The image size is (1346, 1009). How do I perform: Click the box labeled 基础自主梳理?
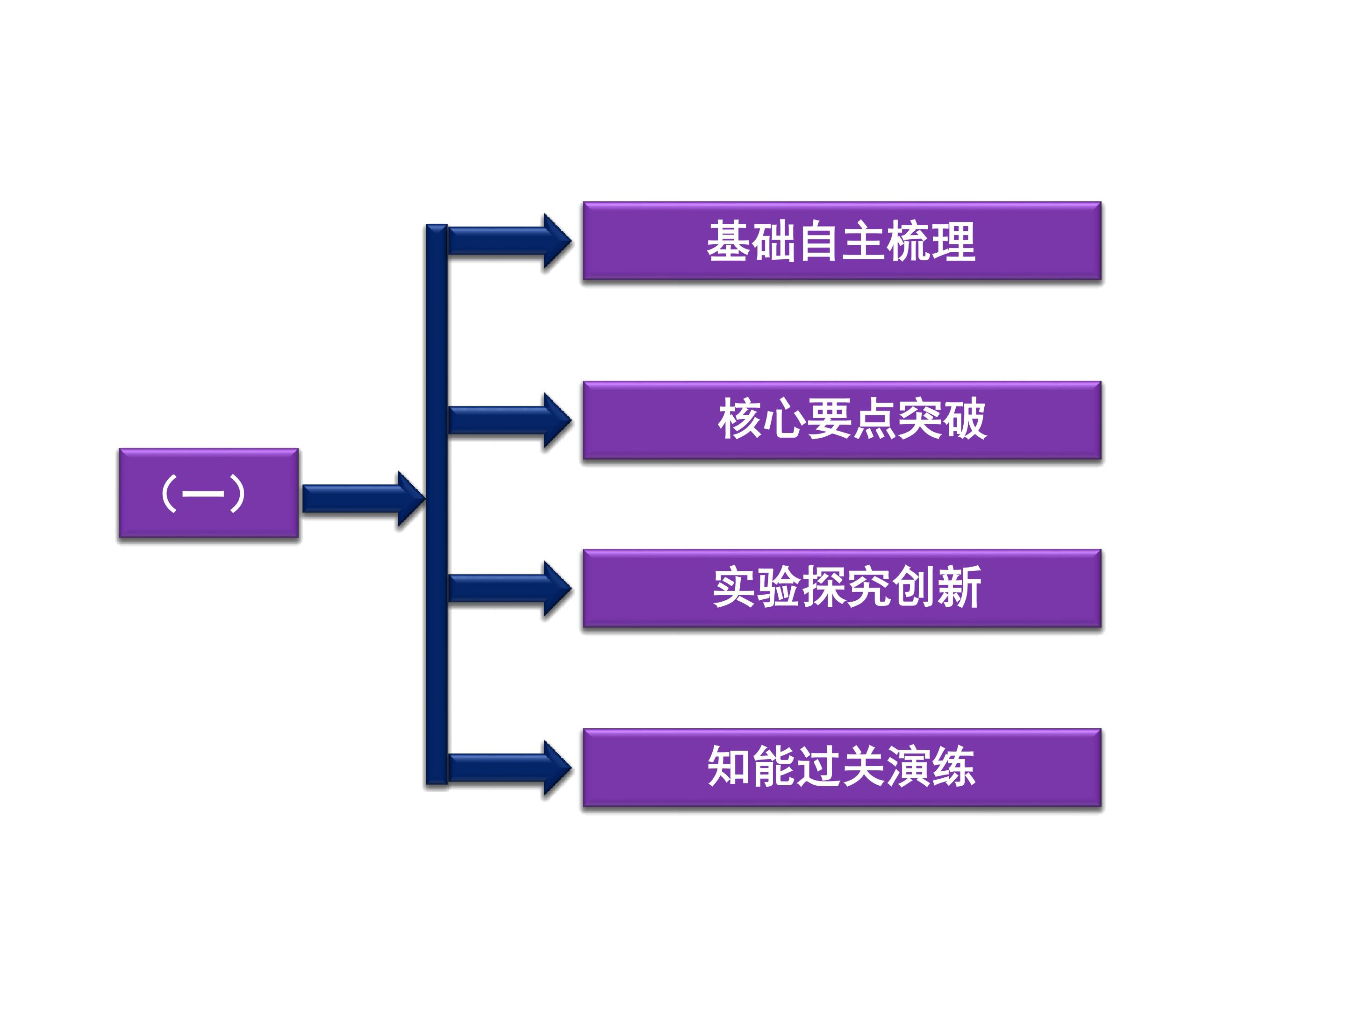pyautogui.click(x=842, y=241)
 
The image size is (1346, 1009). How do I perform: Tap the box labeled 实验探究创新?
pyautogui.click(x=842, y=588)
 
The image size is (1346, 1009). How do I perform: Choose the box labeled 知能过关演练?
pyautogui.click(x=842, y=767)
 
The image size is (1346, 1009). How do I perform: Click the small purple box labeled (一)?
pyautogui.click(x=209, y=493)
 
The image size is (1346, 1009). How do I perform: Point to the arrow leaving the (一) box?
pyautogui.click(x=363, y=499)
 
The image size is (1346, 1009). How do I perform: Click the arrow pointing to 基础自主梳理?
pyautogui.click(x=510, y=241)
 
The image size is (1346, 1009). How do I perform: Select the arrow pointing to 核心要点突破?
pyautogui.click(x=510, y=420)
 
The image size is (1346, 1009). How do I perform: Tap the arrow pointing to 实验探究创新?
pyautogui.click(x=510, y=589)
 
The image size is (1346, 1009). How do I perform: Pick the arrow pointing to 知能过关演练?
pyautogui.click(x=510, y=768)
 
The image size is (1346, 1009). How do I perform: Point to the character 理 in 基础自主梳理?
pyautogui.click(x=953, y=241)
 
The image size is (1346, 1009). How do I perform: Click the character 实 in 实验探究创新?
pyautogui.click(x=735, y=588)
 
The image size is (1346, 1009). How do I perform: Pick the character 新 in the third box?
pyautogui.click(x=959, y=588)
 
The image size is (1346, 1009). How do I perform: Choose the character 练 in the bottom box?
pyautogui.click(x=953, y=767)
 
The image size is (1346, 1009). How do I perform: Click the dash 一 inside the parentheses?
pyautogui.click(x=203, y=494)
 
